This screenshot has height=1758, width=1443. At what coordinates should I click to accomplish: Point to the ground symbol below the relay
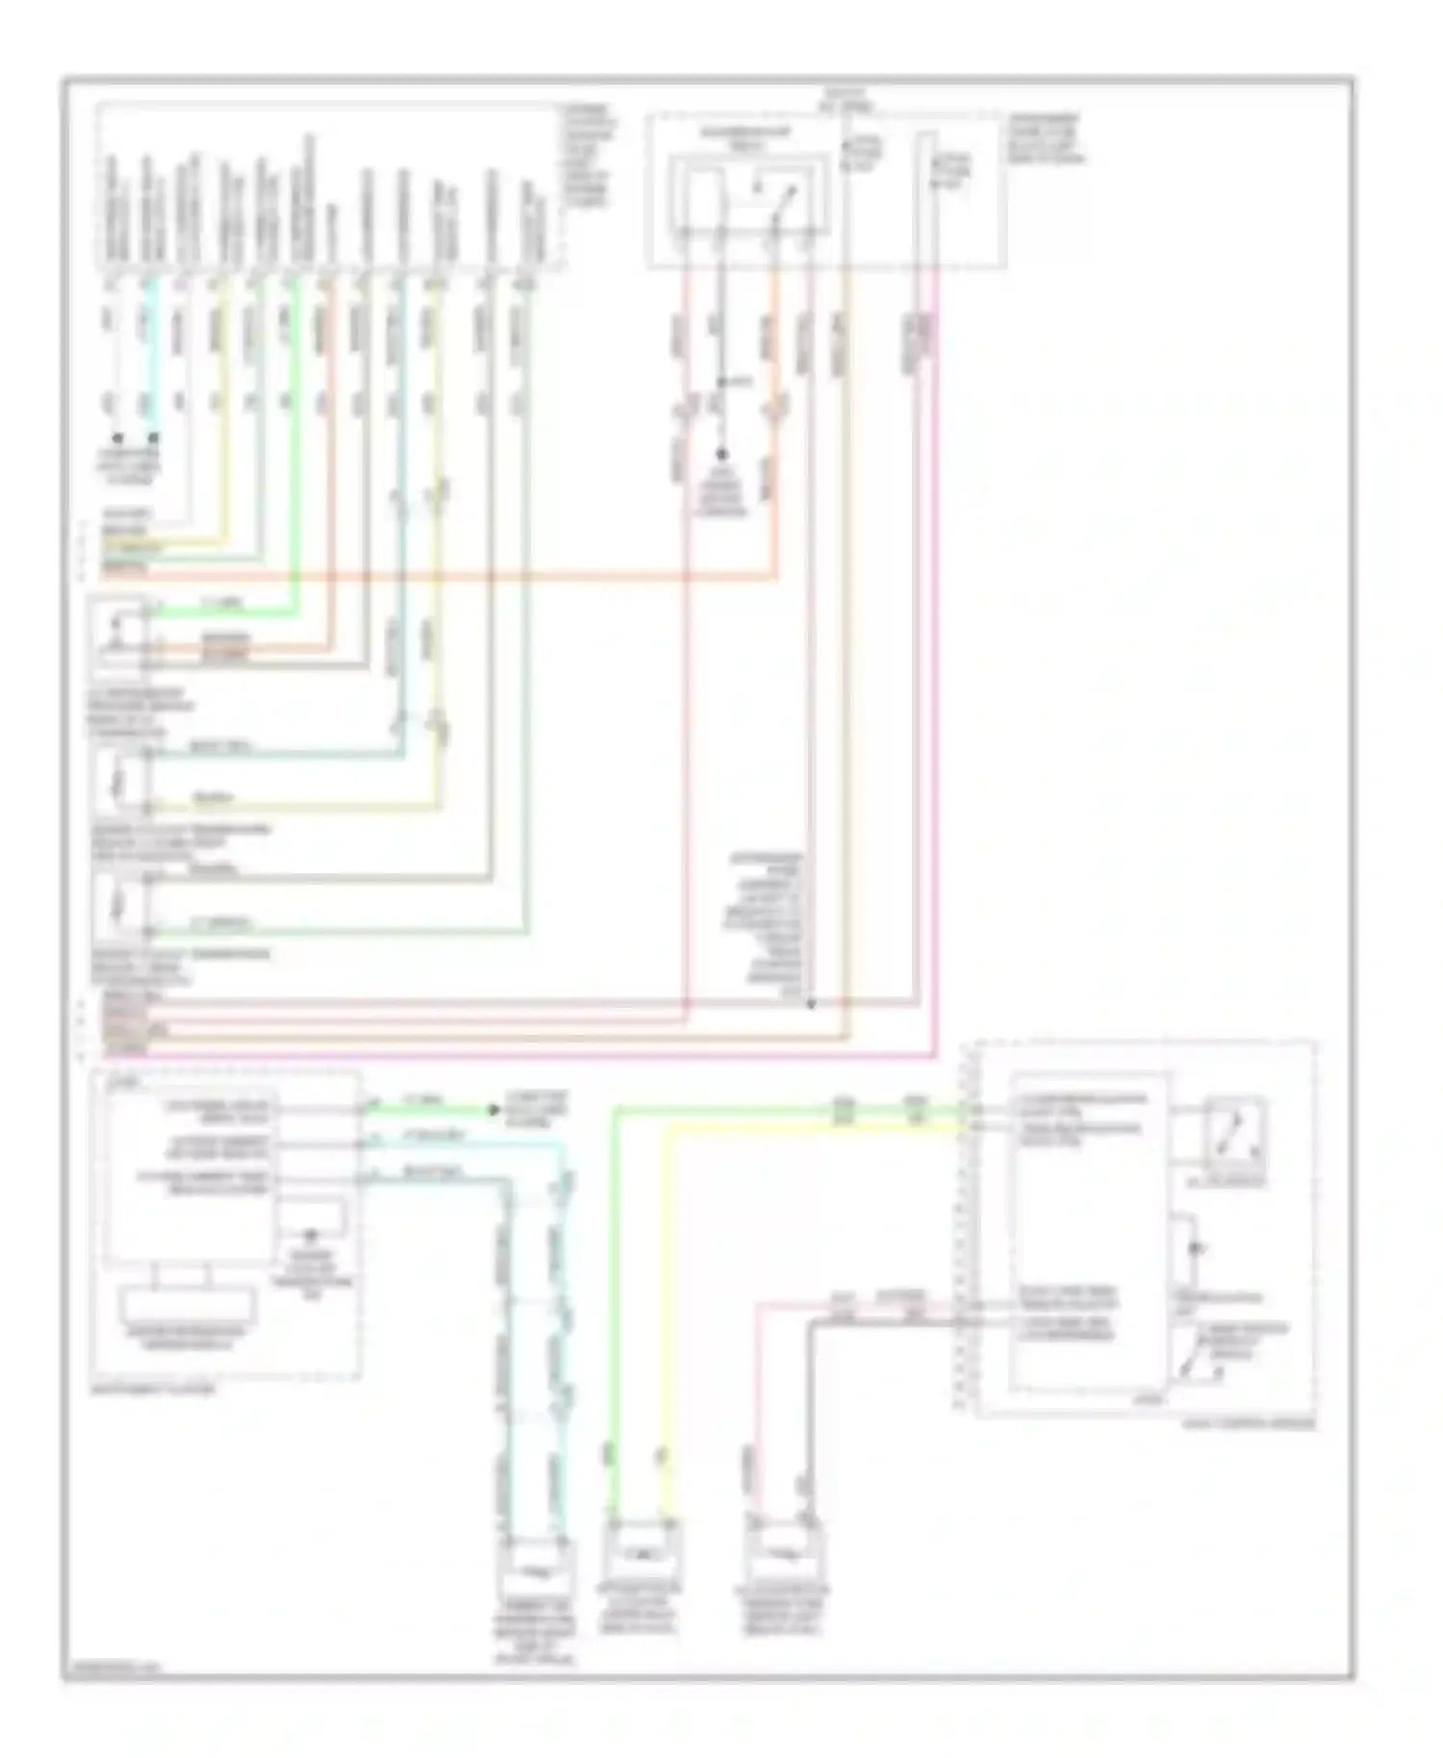tap(721, 455)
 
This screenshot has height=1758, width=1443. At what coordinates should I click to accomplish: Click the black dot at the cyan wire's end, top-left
tap(152, 438)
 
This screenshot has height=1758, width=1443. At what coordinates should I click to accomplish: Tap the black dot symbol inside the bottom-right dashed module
tap(1195, 1249)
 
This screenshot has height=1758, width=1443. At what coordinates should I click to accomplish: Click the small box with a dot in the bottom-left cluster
tap(310, 1219)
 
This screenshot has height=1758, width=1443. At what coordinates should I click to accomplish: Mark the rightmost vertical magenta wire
tap(936, 673)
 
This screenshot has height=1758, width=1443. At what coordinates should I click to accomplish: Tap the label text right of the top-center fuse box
tap(1044, 139)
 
